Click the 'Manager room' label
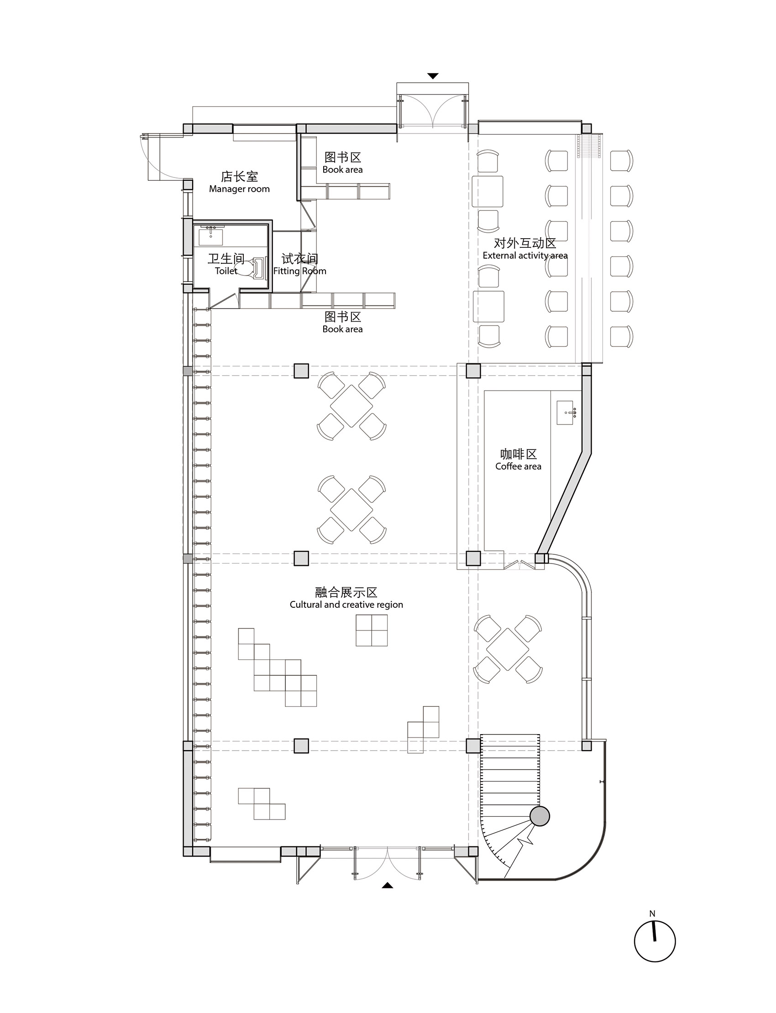click(x=239, y=189)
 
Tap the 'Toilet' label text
click(x=226, y=271)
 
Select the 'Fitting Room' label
click(x=300, y=271)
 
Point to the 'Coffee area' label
click(x=518, y=466)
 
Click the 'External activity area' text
click(x=525, y=256)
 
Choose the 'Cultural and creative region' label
click(x=346, y=605)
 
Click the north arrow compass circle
click(x=655, y=941)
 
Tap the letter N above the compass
click(x=652, y=914)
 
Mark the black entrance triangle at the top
click(x=433, y=76)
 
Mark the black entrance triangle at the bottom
click(x=388, y=885)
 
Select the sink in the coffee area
click(x=566, y=413)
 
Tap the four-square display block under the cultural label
click(x=372, y=630)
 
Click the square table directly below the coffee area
click(x=508, y=649)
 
